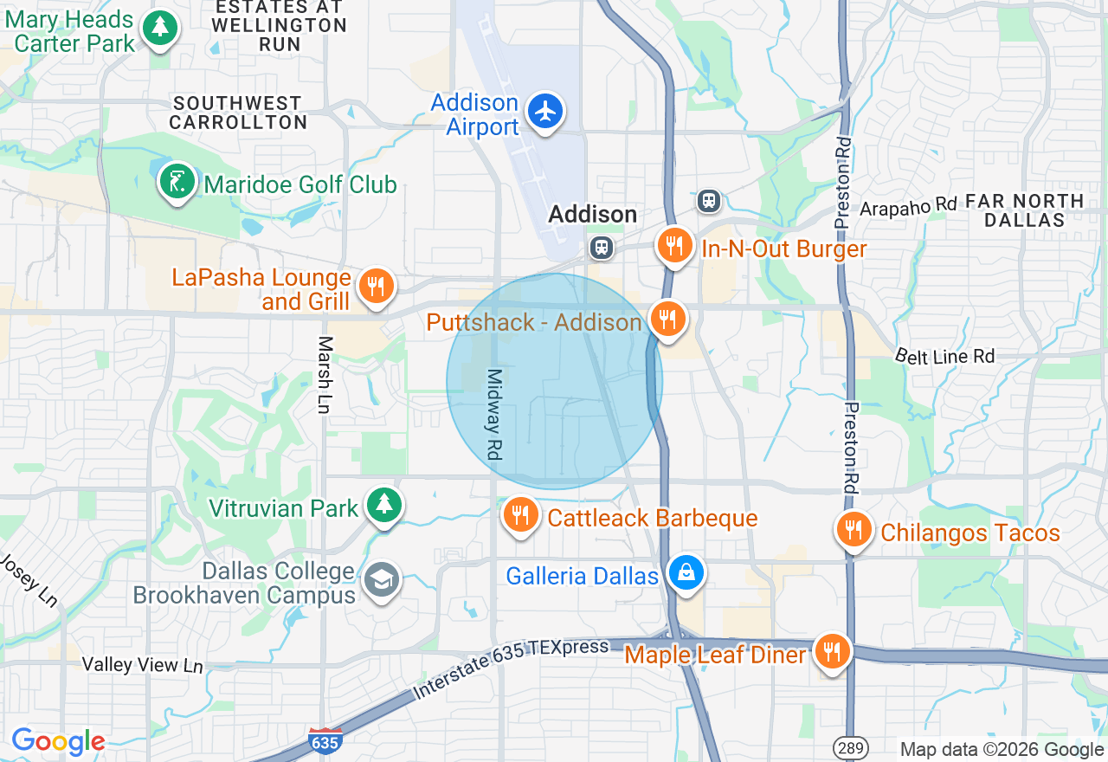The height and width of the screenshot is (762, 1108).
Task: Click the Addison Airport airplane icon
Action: (545, 112)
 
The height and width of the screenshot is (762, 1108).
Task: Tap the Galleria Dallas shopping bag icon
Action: (686, 572)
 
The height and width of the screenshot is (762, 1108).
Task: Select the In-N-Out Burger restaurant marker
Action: (674, 246)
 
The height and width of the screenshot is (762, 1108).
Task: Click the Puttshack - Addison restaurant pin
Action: (666, 319)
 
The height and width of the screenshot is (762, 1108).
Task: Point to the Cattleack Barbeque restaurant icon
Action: (520, 515)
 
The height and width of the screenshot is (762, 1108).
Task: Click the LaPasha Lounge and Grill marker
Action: (376, 286)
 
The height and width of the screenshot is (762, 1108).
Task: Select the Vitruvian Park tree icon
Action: (383, 505)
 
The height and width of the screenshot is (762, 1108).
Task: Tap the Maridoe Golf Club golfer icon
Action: (177, 182)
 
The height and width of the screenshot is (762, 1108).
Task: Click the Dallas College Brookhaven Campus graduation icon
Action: (382, 580)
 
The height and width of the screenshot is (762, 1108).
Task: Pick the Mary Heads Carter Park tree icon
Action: (159, 29)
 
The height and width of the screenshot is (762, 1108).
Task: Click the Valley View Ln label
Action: (143, 665)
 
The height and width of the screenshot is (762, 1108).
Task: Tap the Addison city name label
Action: (593, 214)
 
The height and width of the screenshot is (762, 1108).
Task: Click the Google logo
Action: (58, 741)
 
